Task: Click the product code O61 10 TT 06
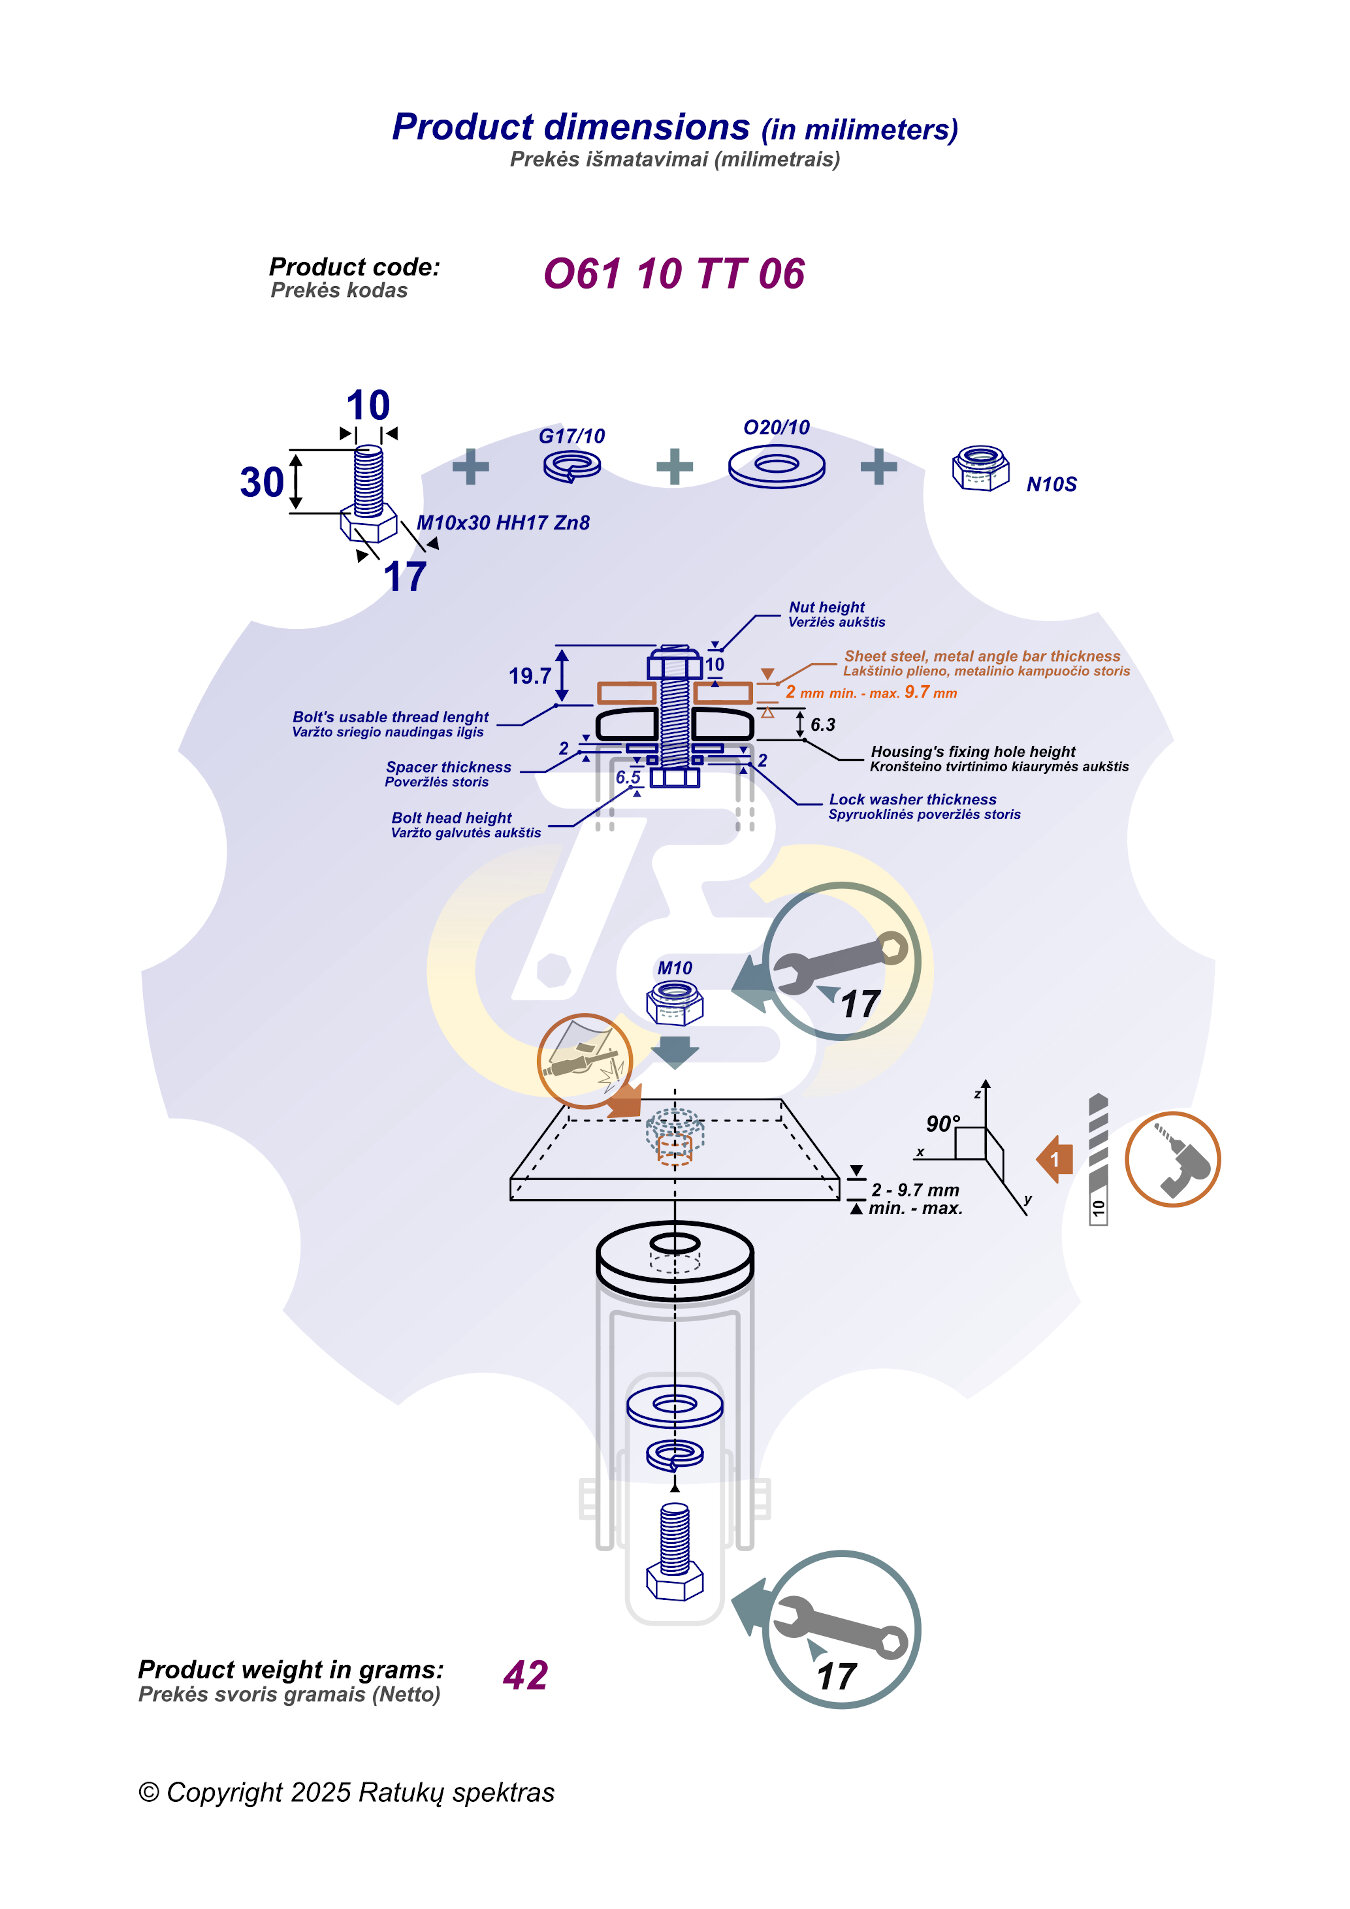673,274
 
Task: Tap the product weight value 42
526,1675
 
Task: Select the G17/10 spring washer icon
572,465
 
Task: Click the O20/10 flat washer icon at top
777,465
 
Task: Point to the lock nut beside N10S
981,468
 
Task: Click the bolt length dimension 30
262,482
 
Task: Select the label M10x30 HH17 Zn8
503,523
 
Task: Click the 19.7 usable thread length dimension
529,676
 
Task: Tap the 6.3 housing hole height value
823,725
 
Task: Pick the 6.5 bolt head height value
628,777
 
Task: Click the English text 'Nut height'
826,607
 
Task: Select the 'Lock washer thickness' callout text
912,799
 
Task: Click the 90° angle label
943,1124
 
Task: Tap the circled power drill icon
1172,1159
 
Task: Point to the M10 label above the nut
675,968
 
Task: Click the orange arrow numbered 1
1055,1160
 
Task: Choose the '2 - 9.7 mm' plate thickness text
915,1190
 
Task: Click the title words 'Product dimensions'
571,127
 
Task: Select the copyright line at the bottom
346,1792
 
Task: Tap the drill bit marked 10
1098,1160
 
